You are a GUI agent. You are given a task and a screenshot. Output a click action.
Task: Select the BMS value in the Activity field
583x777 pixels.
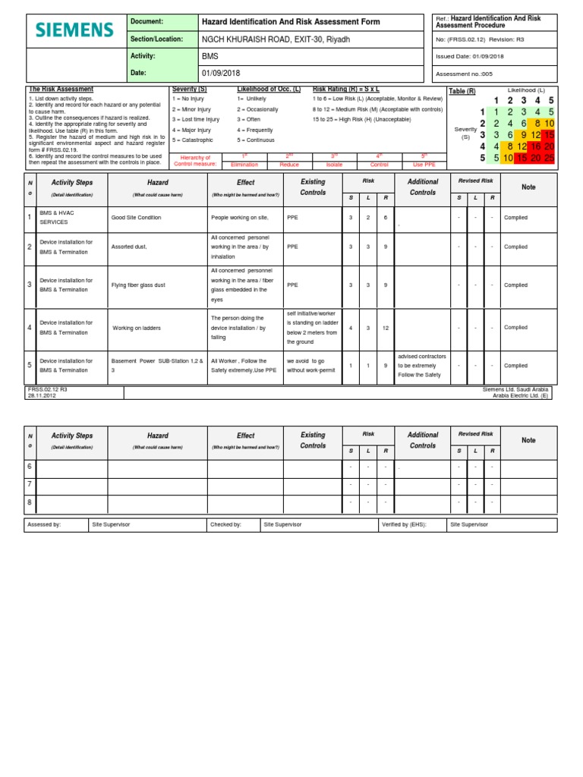[x=209, y=56]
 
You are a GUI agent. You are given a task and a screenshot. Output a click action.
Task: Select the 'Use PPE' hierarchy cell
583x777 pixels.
[x=424, y=164]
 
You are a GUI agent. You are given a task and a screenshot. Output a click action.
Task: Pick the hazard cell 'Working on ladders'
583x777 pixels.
[x=137, y=328]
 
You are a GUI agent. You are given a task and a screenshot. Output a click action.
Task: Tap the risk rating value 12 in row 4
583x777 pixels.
[x=385, y=328]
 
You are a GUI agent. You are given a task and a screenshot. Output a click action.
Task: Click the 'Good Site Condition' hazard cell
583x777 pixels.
[x=137, y=217]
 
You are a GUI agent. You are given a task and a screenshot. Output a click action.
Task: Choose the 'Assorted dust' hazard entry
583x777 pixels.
[x=129, y=247]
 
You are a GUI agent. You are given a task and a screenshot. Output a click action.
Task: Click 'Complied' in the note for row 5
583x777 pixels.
[x=515, y=366]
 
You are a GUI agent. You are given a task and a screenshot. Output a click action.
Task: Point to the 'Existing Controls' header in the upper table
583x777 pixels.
[x=313, y=187]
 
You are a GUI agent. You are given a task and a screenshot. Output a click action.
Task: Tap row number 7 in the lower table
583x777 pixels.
[x=30, y=484]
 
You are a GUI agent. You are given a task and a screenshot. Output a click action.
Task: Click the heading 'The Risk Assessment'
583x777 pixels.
[x=61, y=90]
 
